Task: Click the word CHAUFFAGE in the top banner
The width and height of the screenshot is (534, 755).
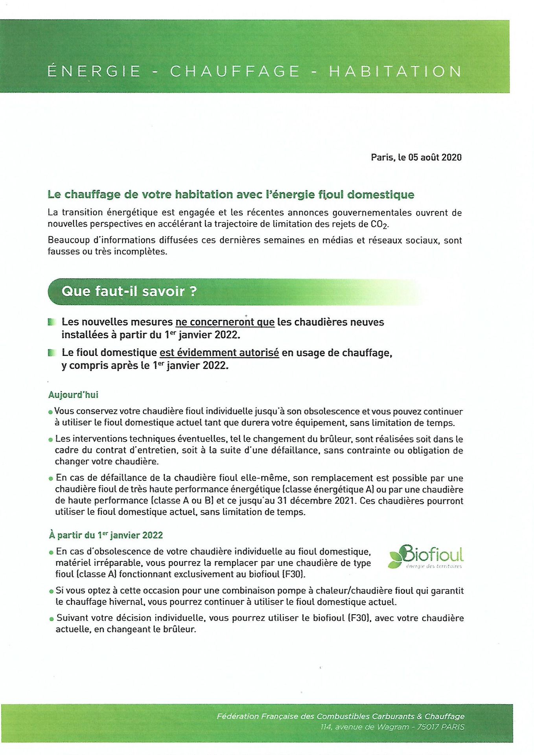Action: (x=235, y=71)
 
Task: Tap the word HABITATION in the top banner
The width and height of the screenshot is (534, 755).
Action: (x=395, y=71)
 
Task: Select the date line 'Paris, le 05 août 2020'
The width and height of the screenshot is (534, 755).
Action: (x=416, y=157)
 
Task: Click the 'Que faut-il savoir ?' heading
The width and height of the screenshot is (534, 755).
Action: (x=129, y=291)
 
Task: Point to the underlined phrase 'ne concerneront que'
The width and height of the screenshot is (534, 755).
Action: (x=225, y=322)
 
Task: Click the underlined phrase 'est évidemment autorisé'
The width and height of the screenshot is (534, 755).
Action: (x=219, y=353)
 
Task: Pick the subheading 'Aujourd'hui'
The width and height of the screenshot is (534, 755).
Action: (x=73, y=395)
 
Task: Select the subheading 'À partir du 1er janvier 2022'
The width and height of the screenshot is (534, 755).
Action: (x=106, y=535)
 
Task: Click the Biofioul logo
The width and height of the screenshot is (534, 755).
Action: (x=426, y=556)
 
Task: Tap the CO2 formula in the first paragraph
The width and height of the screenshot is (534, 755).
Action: (x=379, y=225)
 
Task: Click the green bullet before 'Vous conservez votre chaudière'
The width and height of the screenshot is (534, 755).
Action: (x=50, y=412)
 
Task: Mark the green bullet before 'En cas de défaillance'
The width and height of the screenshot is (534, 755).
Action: (x=51, y=479)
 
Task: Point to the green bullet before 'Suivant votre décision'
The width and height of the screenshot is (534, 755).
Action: (x=51, y=619)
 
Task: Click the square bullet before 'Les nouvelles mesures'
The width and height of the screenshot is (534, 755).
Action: (x=51, y=322)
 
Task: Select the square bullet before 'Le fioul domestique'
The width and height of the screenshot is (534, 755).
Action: (x=51, y=353)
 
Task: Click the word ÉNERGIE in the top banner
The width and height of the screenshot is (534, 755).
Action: (x=94, y=71)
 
